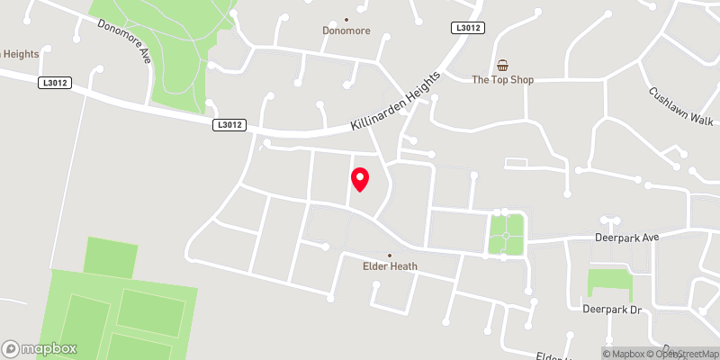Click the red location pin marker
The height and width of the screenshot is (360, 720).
pos(360,179)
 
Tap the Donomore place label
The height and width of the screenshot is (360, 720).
pos(346,30)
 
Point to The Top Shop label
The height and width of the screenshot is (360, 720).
pos(503,79)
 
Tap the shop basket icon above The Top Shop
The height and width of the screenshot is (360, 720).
pos(503,65)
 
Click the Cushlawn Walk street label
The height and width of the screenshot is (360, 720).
pos(680,105)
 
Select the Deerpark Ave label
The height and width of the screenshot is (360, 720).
pos(627,238)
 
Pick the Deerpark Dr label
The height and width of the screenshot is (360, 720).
pos(610,310)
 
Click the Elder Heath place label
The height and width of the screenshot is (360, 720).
pos(389,266)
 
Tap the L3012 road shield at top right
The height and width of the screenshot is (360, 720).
pos(468,28)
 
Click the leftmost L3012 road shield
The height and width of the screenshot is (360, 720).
pos(55,82)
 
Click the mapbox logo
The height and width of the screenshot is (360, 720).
pos(40,348)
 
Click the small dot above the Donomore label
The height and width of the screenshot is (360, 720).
pos(346,18)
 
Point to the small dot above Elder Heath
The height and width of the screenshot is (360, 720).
pos(389,255)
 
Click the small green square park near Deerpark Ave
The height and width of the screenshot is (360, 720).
pos(506,234)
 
